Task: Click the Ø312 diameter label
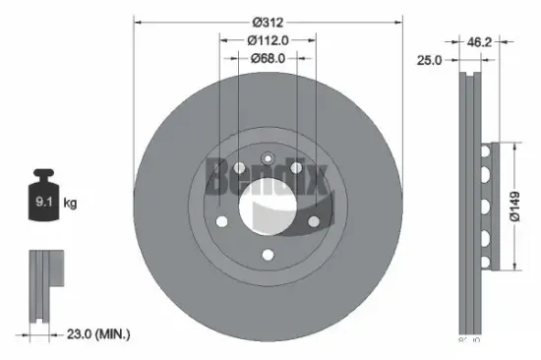(x=268, y=23)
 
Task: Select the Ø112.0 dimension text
(x=267, y=40)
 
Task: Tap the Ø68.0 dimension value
(x=267, y=58)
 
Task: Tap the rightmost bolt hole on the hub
(x=314, y=221)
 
